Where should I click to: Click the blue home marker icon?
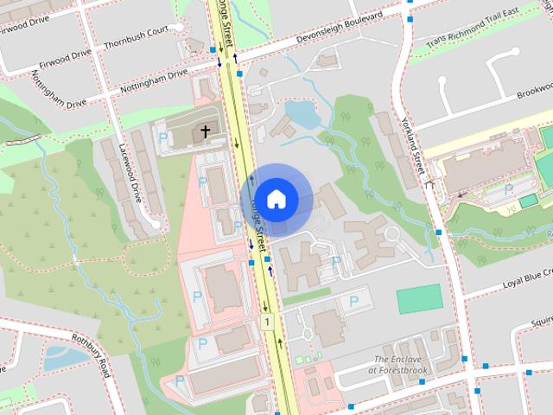pos(276,199)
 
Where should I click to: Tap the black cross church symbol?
pos(205,131)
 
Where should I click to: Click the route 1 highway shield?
pos(269,322)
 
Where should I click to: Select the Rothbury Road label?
pos(91,354)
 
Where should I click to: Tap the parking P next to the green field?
pos(353,302)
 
